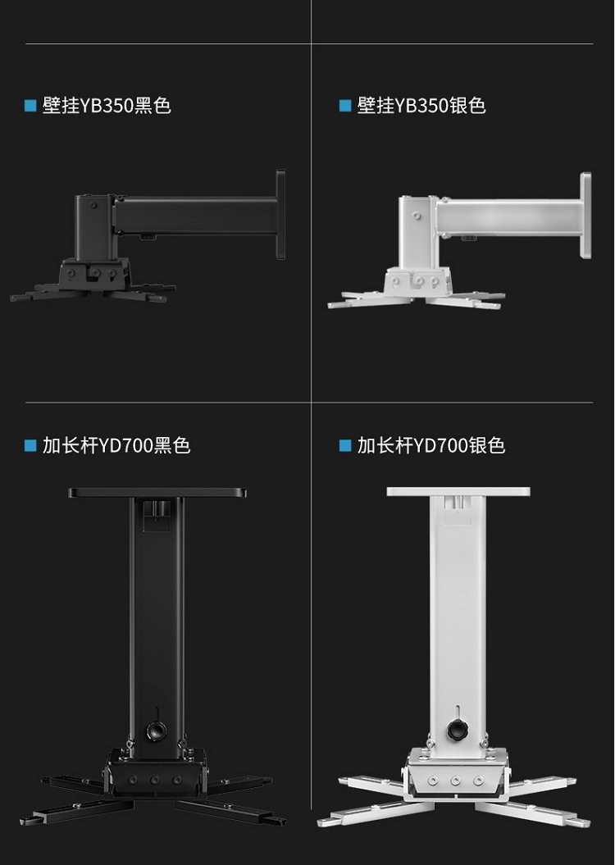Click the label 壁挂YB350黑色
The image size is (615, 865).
[107, 106]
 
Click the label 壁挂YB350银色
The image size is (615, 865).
[421, 106]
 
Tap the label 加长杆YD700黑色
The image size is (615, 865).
[116, 445]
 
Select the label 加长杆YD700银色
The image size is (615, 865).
[431, 445]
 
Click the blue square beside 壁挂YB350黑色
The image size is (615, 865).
[30, 106]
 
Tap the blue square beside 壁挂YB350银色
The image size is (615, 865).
[345, 106]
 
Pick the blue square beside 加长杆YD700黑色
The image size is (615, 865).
[30, 445]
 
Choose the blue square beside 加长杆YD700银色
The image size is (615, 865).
[345, 445]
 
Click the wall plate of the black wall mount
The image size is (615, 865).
[280, 215]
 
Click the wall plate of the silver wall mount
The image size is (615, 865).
[585, 215]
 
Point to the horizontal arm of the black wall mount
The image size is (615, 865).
[196, 216]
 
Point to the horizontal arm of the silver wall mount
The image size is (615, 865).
[508, 216]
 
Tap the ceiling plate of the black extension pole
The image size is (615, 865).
[157, 493]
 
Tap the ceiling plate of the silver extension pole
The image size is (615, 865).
[458, 491]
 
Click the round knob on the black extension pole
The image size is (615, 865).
[156, 731]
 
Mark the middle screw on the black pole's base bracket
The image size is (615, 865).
[155, 781]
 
